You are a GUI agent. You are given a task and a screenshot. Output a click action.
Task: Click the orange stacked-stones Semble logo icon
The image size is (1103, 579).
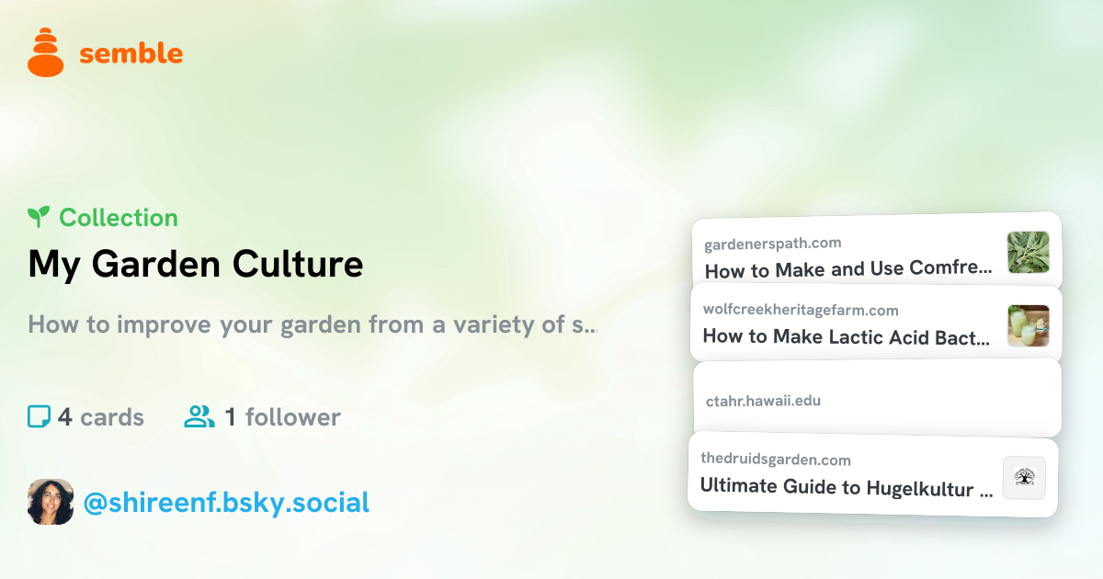click(x=45, y=52)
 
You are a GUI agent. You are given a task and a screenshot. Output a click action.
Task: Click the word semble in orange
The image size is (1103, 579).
click(x=131, y=53)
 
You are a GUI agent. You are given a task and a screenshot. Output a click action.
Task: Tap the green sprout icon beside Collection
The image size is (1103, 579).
click(x=39, y=217)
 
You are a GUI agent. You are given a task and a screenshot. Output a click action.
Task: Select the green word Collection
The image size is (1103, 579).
click(x=119, y=218)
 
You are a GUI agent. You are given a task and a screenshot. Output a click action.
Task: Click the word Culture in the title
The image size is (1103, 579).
click(x=298, y=265)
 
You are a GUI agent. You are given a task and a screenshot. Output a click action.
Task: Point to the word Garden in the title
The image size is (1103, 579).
click(x=156, y=265)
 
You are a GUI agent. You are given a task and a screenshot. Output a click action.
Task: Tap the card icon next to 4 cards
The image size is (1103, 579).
click(x=39, y=416)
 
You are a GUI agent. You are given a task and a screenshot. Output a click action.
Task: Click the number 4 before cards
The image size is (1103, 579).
click(x=65, y=417)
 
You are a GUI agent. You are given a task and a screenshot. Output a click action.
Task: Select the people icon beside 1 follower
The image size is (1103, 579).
click(x=199, y=416)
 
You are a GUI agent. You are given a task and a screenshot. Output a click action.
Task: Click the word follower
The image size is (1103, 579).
click(x=293, y=417)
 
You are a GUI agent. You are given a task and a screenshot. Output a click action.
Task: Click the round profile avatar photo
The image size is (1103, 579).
click(x=51, y=502)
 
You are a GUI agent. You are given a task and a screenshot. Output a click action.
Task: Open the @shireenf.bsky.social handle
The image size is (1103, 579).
click(x=226, y=503)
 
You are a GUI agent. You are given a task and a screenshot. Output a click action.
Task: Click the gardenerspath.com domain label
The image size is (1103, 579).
click(x=773, y=244)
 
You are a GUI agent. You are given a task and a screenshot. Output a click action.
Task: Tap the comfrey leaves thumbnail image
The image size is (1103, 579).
click(x=1029, y=252)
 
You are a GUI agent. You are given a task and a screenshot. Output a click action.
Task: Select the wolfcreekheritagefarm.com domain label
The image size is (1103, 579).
click(x=801, y=310)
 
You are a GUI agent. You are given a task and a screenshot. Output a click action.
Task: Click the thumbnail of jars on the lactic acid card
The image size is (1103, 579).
click(x=1029, y=326)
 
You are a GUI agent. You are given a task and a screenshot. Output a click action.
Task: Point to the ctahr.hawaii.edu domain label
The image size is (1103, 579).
click(x=763, y=401)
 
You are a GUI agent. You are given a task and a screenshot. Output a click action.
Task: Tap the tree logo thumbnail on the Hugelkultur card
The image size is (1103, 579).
click(x=1025, y=478)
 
